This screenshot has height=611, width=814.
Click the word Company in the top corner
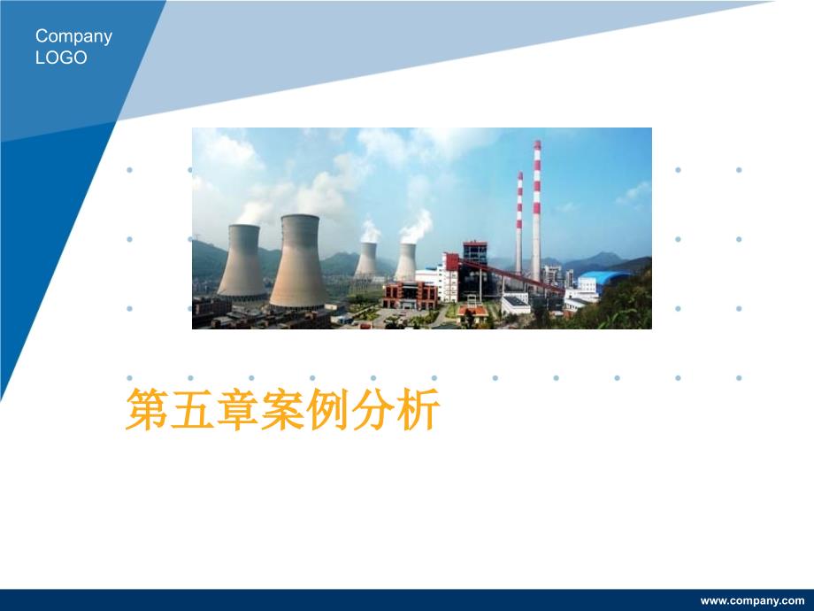coord(73,37)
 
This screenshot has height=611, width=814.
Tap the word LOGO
coord(61,58)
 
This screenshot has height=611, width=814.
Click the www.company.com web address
coord(752,601)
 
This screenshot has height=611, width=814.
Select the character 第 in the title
coord(147,409)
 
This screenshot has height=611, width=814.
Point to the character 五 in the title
coord(192,409)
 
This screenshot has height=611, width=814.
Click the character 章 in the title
coord(237,409)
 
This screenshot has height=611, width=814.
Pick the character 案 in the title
coord(282,409)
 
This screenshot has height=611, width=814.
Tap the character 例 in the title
coord(327,409)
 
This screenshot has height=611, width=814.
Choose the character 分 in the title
coord(372,409)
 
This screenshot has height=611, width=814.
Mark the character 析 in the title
coord(418,409)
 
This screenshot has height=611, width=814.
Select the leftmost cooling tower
coord(242,262)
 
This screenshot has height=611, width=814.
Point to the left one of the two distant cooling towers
coord(367,259)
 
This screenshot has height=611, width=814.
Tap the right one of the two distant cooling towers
coord(405,262)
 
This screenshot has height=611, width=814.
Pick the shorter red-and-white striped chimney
coord(519,223)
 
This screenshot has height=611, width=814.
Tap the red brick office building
coord(411,295)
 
